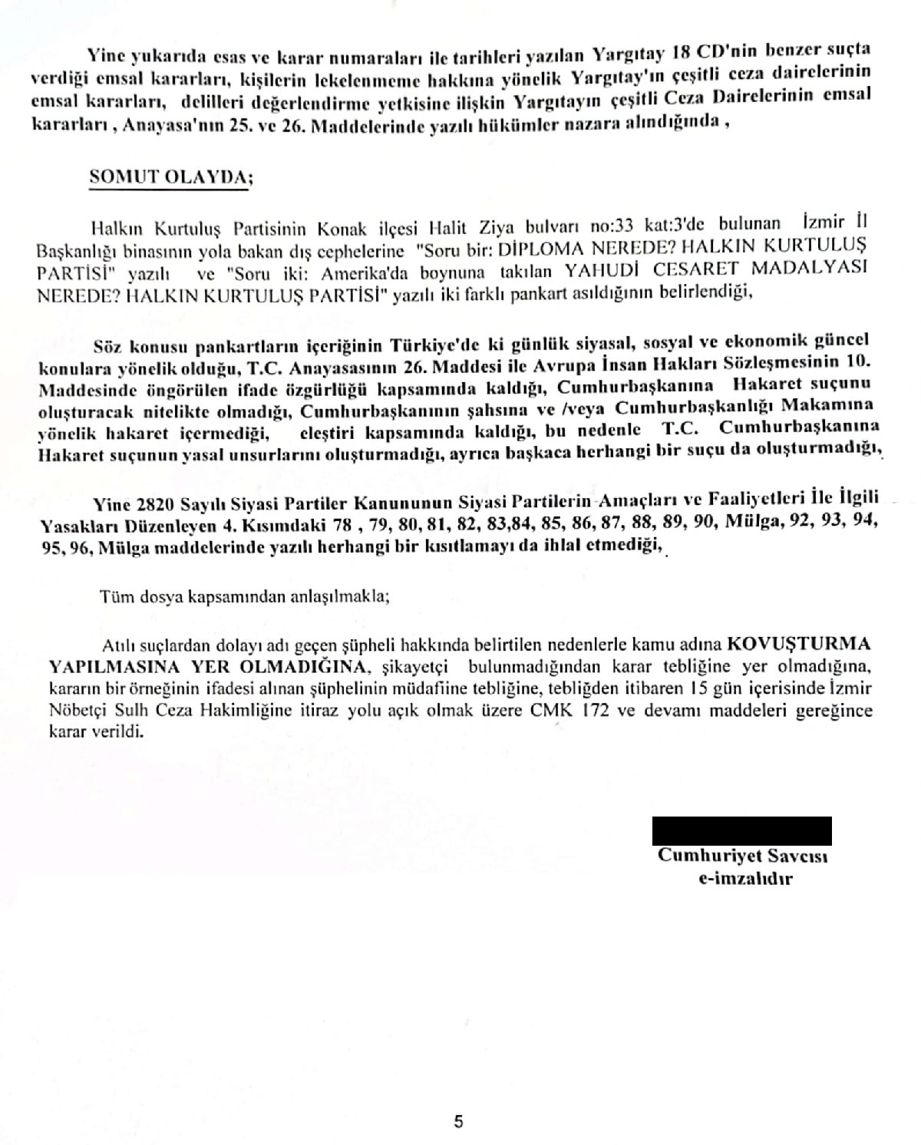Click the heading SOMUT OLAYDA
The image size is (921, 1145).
(170, 175)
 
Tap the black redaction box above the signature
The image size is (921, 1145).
(741, 830)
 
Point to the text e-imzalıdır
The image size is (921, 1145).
(741, 879)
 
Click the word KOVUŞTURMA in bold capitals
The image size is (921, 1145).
(799, 642)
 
